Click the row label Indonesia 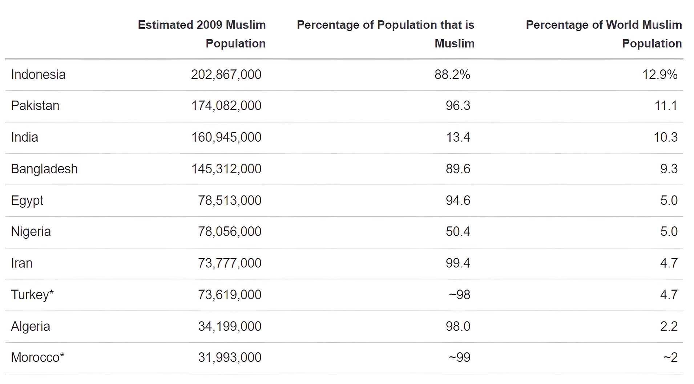38,74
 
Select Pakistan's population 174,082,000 226,106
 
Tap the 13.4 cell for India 458,137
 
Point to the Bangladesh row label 44,169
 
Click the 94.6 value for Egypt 458,200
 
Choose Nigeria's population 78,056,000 230,231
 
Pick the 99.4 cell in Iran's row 458,263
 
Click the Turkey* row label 32,295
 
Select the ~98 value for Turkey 459,295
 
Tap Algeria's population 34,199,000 230,326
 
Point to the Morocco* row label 37,357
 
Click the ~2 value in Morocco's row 670,357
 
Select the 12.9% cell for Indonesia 660,74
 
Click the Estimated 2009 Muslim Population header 202,34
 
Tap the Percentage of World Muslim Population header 604,34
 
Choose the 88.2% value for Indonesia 452,74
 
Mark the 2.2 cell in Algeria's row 669,326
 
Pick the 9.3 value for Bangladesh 669,169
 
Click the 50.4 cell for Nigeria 458,231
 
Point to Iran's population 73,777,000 230,263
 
